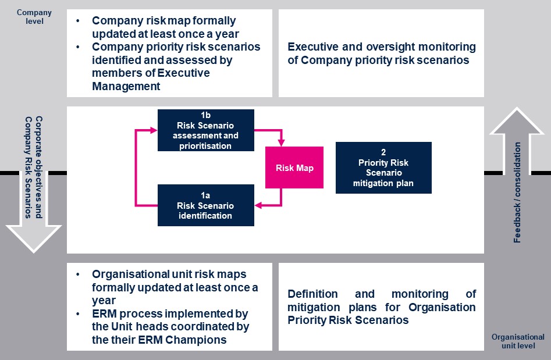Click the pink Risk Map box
click(294, 167)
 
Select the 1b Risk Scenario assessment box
click(206, 130)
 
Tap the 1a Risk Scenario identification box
click(206, 205)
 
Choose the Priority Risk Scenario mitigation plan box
click(383, 167)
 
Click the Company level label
click(34, 17)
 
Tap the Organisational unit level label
click(518, 341)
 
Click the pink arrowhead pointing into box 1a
click(258, 205)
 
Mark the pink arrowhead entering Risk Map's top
click(281, 143)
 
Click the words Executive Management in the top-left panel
click(151, 80)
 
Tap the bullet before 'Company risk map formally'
click(78, 21)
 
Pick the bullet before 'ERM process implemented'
click(78, 314)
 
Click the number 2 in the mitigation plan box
click(383, 152)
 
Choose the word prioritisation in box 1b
click(206, 145)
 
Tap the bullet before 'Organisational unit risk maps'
click(78, 275)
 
